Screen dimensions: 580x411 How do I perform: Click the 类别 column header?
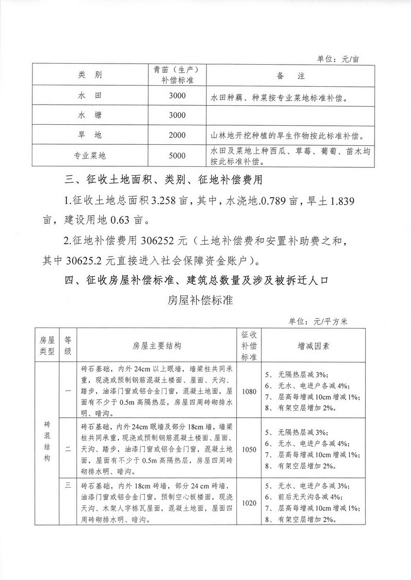click(x=90, y=75)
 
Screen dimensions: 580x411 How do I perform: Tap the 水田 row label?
click(x=90, y=95)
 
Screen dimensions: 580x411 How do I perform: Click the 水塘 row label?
click(x=90, y=115)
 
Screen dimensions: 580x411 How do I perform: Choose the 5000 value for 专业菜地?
click(x=176, y=154)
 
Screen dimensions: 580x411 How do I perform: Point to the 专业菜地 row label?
click(x=90, y=154)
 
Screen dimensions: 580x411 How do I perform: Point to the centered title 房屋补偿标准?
click(x=200, y=301)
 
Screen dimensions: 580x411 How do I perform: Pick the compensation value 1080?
click(x=249, y=391)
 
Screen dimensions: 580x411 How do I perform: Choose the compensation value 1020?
click(x=249, y=503)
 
